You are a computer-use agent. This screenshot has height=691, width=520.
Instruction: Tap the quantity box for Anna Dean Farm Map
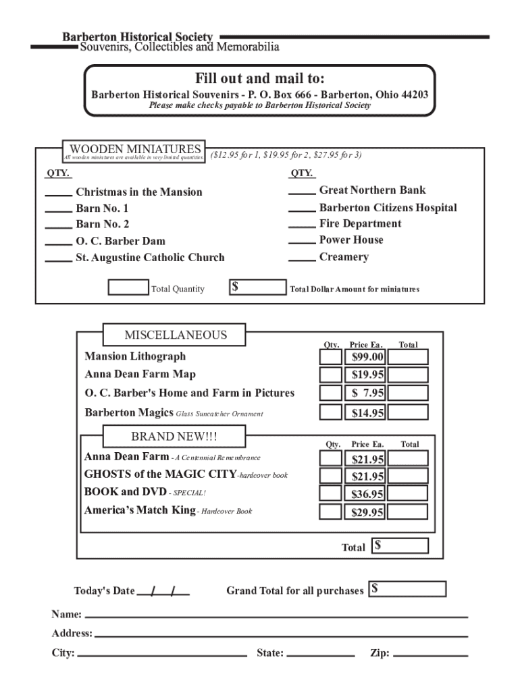pyautogui.click(x=330, y=375)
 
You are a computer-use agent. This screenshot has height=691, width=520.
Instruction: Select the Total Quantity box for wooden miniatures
pyautogui.click(x=128, y=288)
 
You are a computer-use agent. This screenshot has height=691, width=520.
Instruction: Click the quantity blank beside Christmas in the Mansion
pyautogui.click(x=59, y=194)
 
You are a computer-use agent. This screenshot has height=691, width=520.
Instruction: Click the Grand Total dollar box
pyautogui.click(x=407, y=589)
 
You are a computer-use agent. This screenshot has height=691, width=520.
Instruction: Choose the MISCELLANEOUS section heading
pyautogui.click(x=176, y=335)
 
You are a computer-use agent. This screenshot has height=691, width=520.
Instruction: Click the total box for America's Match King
pyautogui.click(x=408, y=512)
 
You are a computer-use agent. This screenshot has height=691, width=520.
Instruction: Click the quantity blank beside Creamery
pyautogui.click(x=302, y=259)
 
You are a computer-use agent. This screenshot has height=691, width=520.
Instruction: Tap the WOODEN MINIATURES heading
pyautogui.click(x=135, y=149)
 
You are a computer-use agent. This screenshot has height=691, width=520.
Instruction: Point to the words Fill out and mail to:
pyautogui.click(x=260, y=78)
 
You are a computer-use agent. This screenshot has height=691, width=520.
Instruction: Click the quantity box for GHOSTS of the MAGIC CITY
pyautogui.click(x=330, y=476)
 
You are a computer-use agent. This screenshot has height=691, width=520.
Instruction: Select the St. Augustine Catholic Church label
pyautogui.click(x=150, y=257)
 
